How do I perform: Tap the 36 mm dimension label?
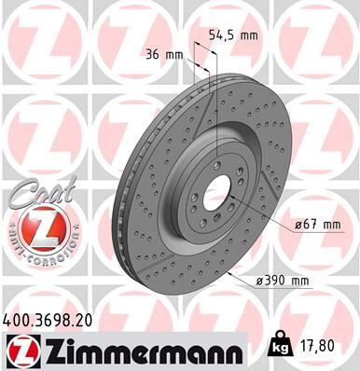[162, 53]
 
